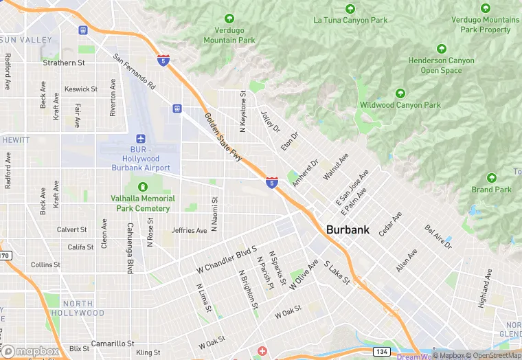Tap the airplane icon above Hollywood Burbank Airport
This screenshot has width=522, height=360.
coord(141,139)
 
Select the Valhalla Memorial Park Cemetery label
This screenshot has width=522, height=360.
coord(143,203)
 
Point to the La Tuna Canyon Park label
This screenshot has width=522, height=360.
coord(350,20)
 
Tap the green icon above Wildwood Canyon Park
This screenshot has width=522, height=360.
coord(400,93)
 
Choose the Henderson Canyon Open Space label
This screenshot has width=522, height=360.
coord(441,65)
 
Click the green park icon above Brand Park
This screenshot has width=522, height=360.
coord(491,177)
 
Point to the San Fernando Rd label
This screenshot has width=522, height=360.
coord(135,72)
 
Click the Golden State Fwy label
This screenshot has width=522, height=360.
coord(224,137)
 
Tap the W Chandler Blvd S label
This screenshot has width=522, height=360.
coord(226,260)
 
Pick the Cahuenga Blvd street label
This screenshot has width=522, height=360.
coord(129,247)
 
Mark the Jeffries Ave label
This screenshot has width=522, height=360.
coord(189,231)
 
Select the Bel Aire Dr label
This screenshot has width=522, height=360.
coord(439,237)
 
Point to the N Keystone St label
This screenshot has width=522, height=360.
coord(242,111)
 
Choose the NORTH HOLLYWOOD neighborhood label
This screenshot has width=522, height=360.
coord(82,308)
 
